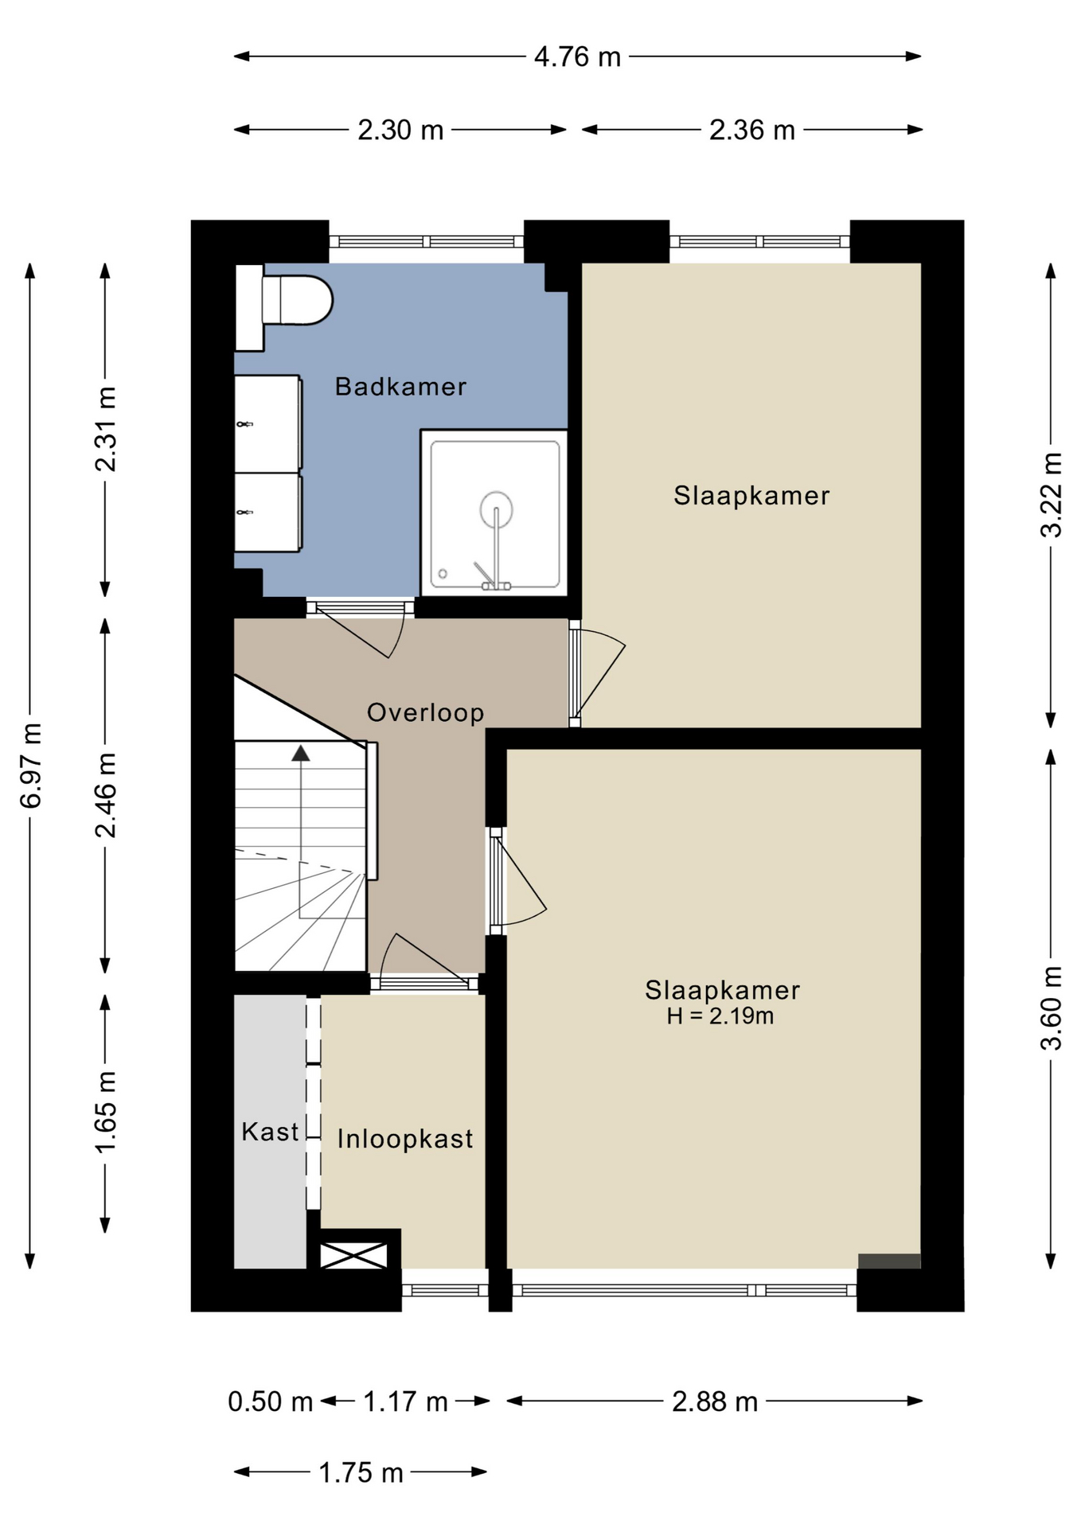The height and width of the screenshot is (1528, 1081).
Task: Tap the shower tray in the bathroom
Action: tap(494, 513)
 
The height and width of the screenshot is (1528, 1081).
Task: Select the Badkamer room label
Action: tap(400, 387)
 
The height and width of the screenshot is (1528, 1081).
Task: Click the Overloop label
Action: tap(425, 712)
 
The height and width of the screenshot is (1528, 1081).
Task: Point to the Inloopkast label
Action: tap(405, 1139)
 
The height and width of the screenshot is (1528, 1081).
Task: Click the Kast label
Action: tap(270, 1132)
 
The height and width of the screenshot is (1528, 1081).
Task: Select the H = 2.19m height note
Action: tap(720, 1016)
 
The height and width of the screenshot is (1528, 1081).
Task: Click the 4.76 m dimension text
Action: tap(577, 57)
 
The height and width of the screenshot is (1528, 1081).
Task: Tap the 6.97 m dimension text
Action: tap(31, 766)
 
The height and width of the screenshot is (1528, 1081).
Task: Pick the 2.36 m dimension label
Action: tap(752, 130)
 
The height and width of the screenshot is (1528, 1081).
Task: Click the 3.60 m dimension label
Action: tap(1052, 1008)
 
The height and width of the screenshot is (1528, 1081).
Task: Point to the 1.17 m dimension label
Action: tap(405, 1401)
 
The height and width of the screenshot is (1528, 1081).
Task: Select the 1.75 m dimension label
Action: tap(361, 1473)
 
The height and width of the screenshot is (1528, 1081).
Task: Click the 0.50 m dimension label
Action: tap(271, 1401)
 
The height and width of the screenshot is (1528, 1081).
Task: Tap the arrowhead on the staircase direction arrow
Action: tap(301, 753)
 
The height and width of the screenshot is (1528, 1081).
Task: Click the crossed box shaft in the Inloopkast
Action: tap(353, 1255)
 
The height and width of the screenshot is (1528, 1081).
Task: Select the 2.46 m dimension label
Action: tap(105, 794)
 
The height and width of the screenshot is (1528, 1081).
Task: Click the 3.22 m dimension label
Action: tap(1052, 494)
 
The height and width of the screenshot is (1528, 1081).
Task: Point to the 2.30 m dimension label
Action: tap(400, 130)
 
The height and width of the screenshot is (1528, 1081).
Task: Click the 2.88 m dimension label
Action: tap(715, 1401)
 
